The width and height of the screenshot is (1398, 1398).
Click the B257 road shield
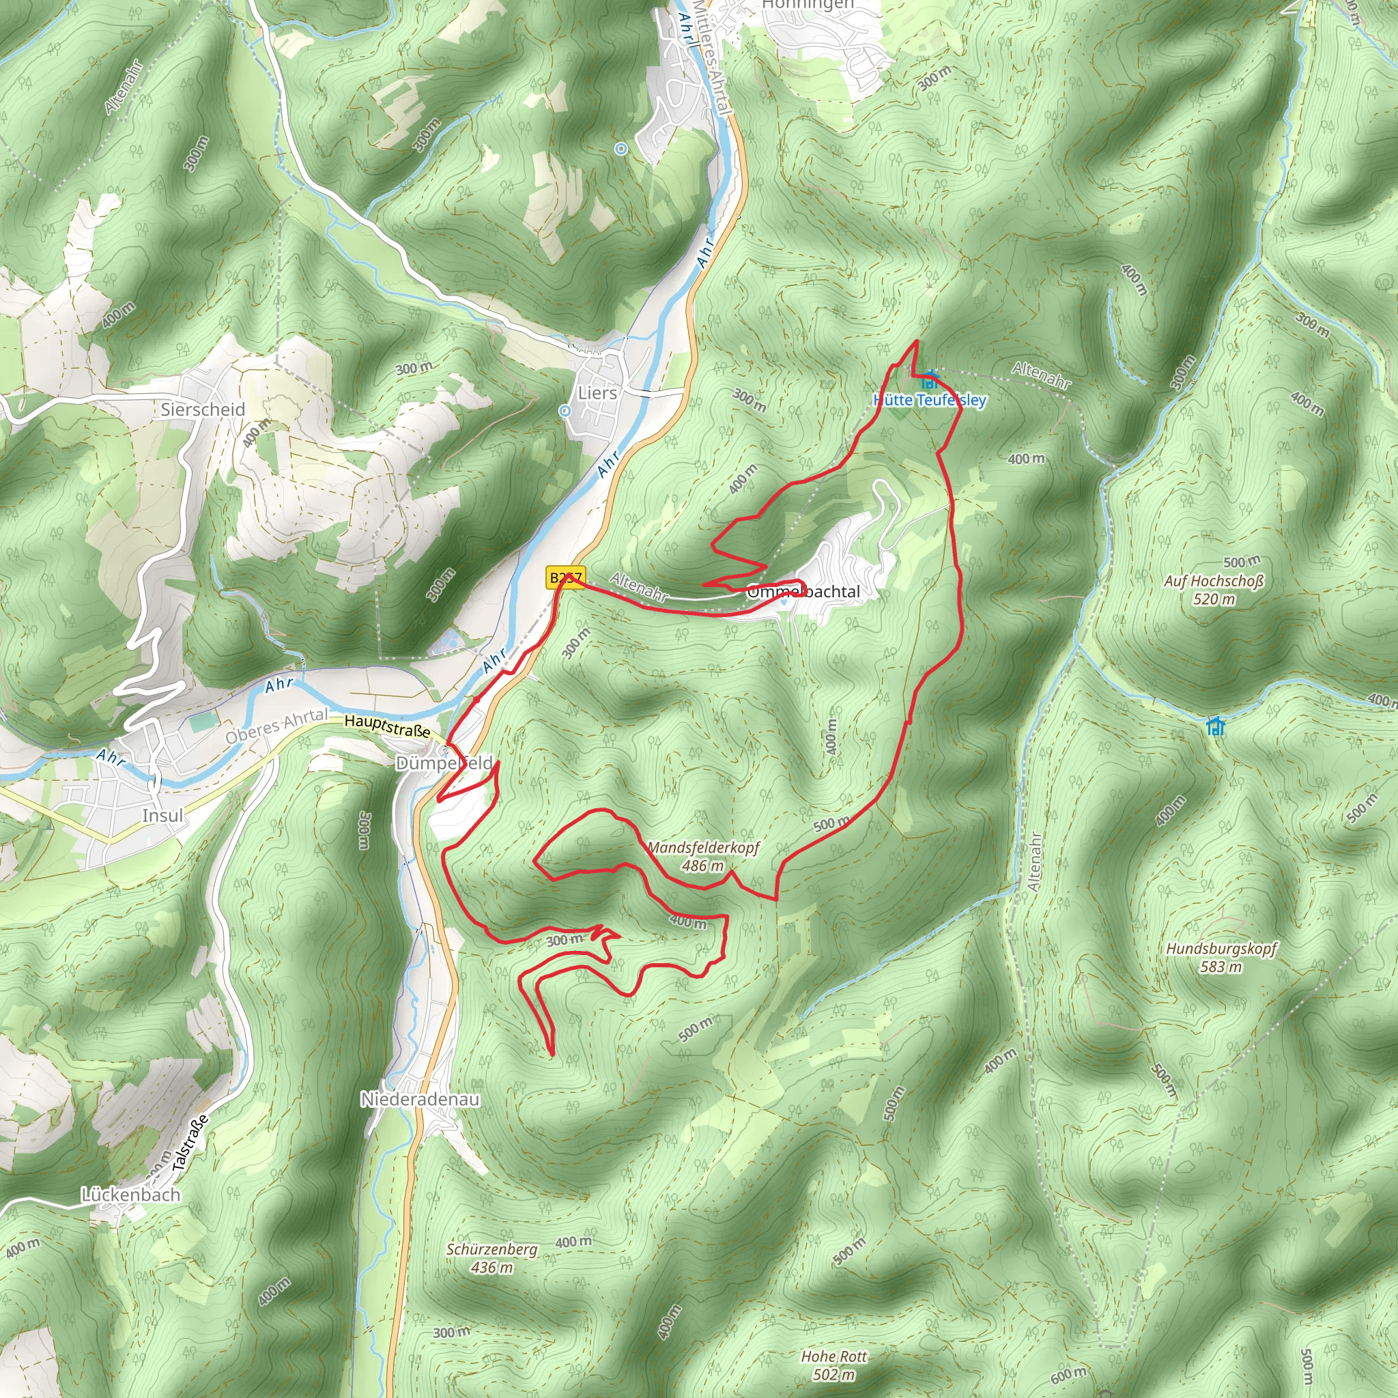pos(565,577)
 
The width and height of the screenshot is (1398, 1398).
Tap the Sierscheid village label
pos(203,410)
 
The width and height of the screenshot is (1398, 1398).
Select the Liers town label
pos(597,393)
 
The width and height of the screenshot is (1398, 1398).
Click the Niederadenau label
pos(420,1099)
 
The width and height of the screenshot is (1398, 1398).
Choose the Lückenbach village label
pos(130,1195)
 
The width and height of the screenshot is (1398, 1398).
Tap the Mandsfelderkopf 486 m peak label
pos(702,856)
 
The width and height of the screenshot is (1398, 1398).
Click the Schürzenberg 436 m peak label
pos(491,1258)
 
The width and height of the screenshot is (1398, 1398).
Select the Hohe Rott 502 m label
pos(833,1365)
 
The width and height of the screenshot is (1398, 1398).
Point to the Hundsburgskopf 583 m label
pos(1221,957)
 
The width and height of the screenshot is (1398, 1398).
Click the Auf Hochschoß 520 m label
pos(1214,590)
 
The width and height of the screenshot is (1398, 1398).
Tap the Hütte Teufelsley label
pos(929,400)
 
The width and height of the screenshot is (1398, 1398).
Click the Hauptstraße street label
pos(387,726)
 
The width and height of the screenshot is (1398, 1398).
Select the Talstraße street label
pos(191,1143)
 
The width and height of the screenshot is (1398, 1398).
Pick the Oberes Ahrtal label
pos(276,726)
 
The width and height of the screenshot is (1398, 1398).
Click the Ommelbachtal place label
pos(803,592)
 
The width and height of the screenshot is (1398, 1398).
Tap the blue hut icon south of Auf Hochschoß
pos(1216,725)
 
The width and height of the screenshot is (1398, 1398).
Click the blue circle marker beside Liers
pos(565,410)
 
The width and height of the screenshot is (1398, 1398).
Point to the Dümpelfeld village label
pos(444,763)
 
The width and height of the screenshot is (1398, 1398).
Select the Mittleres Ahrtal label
pos(713,58)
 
